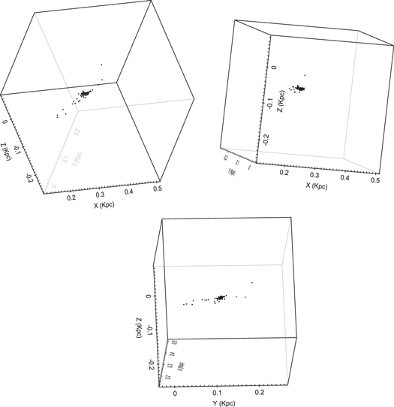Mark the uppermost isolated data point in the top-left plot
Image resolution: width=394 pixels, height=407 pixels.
tap(101, 64)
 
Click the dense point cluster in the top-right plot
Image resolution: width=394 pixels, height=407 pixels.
tap(301, 88)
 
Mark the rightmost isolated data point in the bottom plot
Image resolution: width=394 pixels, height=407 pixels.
tap(251, 282)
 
